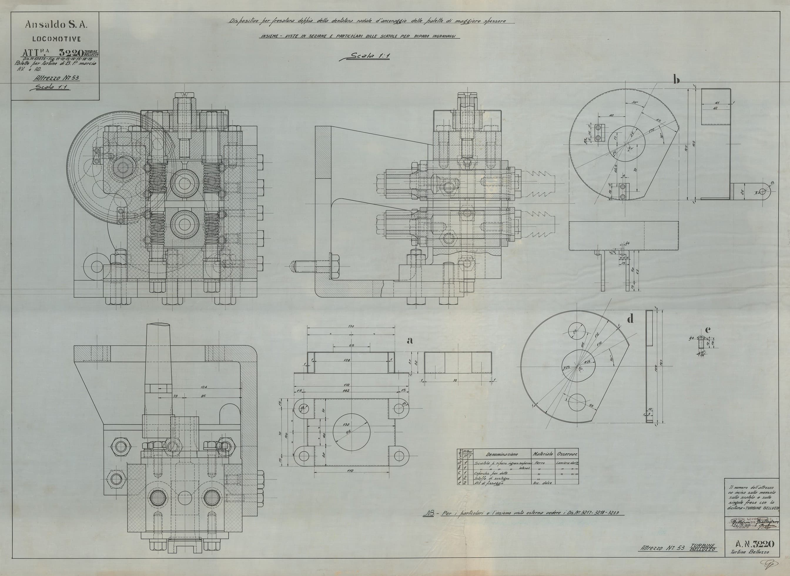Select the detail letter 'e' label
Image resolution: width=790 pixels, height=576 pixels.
click(x=707, y=329)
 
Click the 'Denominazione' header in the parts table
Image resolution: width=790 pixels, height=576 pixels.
click(x=502, y=454)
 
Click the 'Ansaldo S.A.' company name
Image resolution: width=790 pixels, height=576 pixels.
click(x=56, y=24)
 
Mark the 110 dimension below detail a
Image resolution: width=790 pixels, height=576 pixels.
click(x=351, y=471)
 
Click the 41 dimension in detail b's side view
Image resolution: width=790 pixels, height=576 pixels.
click(x=715, y=103)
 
